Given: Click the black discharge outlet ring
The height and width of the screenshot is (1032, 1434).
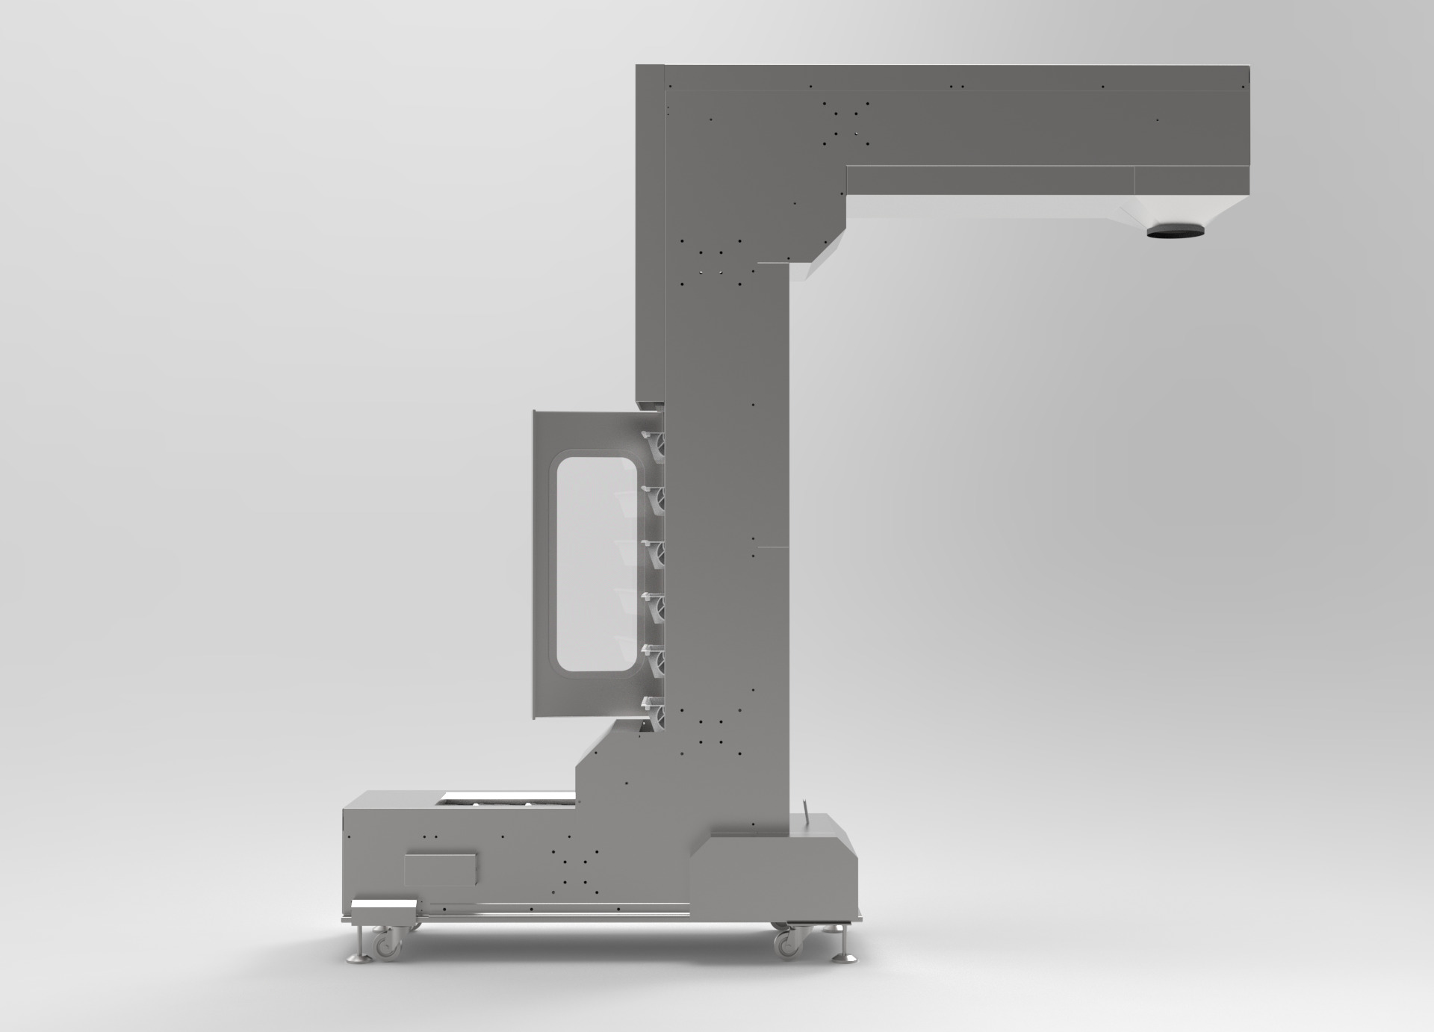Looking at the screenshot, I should (1176, 234).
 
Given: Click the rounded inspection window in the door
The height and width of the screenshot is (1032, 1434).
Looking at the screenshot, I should (595, 563).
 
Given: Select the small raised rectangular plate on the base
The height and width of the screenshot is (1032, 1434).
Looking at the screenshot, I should (440, 870).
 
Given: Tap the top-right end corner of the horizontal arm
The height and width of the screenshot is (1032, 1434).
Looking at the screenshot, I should (1247, 69).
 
